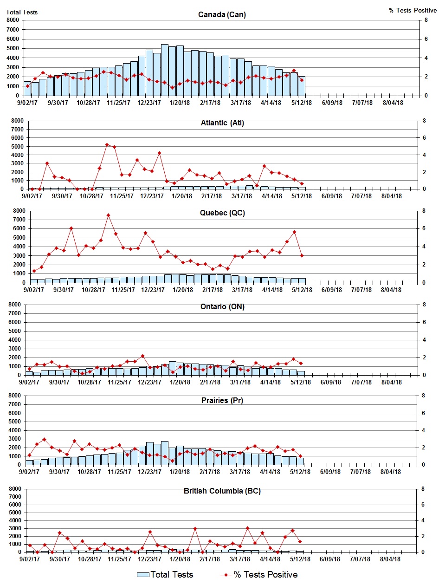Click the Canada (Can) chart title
click(x=222, y=14)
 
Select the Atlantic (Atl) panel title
click(x=222, y=123)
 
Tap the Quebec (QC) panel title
click(x=222, y=213)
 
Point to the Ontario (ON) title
click(x=222, y=306)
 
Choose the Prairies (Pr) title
click(x=222, y=400)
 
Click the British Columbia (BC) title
click(x=222, y=491)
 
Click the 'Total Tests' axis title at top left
click(x=22, y=12)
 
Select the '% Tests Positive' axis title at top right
click(x=413, y=10)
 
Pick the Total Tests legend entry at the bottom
click(x=165, y=575)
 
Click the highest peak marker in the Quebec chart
click(x=108, y=215)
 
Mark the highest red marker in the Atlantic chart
click(x=107, y=145)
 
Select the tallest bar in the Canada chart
click(x=165, y=70)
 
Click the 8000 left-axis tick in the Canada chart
click(x=13, y=20)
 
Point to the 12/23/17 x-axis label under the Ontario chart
click(x=149, y=382)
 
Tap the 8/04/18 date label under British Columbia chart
click(x=390, y=559)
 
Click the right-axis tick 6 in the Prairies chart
click(x=423, y=413)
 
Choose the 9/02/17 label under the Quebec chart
click(x=33, y=290)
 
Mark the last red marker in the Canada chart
click(x=302, y=80)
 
